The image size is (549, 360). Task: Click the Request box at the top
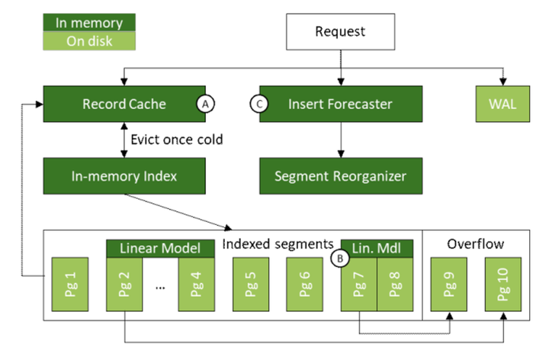[x=340, y=32]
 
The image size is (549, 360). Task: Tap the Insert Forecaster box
[x=339, y=103]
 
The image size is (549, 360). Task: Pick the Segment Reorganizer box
[x=339, y=176]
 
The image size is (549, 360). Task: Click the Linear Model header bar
[x=158, y=248]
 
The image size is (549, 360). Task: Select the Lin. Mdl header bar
[x=377, y=248]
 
